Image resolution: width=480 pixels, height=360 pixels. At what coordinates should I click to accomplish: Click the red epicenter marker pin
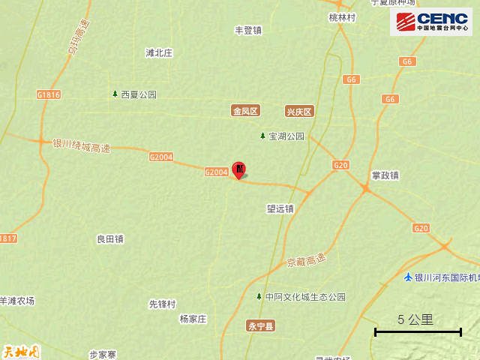[239, 169]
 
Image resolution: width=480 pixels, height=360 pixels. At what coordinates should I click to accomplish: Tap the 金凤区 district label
[245, 111]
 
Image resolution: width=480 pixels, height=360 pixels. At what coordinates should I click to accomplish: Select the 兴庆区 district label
[298, 111]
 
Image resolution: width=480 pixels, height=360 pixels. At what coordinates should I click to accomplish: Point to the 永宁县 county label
[261, 326]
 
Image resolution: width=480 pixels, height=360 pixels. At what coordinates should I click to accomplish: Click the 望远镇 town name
[280, 208]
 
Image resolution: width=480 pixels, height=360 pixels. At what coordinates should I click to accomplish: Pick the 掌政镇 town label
[385, 175]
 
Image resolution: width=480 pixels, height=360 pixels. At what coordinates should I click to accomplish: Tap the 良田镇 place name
[110, 239]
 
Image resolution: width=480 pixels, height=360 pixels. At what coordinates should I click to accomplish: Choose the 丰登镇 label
[248, 31]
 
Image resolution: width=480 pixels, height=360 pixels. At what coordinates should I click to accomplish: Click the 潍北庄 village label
[159, 53]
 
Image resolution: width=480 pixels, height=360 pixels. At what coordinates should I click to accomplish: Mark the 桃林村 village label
[341, 17]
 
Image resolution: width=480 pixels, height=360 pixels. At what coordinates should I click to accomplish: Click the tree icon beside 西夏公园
[115, 94]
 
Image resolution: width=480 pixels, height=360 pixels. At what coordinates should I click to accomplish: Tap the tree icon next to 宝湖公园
[262, 136]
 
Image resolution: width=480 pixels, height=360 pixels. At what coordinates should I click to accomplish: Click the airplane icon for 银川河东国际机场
[408, 278]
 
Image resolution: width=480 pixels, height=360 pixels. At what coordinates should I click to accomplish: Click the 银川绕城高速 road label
[82, 145]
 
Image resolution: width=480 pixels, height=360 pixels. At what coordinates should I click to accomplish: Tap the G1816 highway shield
[48, 94]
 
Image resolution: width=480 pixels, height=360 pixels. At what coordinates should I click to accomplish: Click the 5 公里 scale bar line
[418, 331]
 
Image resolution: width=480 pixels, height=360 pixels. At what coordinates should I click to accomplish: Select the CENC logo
[430, 22]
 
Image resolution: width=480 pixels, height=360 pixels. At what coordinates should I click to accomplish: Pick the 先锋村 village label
[162, 304]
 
